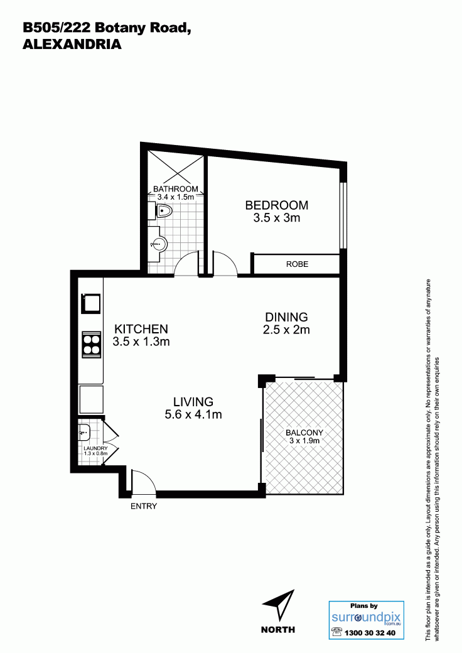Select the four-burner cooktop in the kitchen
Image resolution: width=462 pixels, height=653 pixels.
92,344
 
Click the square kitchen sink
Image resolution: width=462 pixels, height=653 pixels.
91,303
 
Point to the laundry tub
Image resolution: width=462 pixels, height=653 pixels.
83,432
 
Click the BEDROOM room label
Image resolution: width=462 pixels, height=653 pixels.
276,205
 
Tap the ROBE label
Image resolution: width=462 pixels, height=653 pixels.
297,264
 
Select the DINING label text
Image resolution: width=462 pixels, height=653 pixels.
286,317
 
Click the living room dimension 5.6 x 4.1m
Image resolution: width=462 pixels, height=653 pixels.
193,414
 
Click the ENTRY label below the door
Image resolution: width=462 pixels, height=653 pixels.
144,507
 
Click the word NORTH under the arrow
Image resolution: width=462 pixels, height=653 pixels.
278,630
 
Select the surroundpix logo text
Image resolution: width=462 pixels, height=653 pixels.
366,617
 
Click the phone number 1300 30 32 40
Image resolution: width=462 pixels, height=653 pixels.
370,634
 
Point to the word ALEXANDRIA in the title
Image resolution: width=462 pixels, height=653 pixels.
72,44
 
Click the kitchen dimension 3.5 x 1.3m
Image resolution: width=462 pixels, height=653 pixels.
141,342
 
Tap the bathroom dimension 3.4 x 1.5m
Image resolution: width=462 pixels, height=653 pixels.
176,197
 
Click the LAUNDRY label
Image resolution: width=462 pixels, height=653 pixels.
96,448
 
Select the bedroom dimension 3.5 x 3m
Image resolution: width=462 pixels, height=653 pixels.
277,217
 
